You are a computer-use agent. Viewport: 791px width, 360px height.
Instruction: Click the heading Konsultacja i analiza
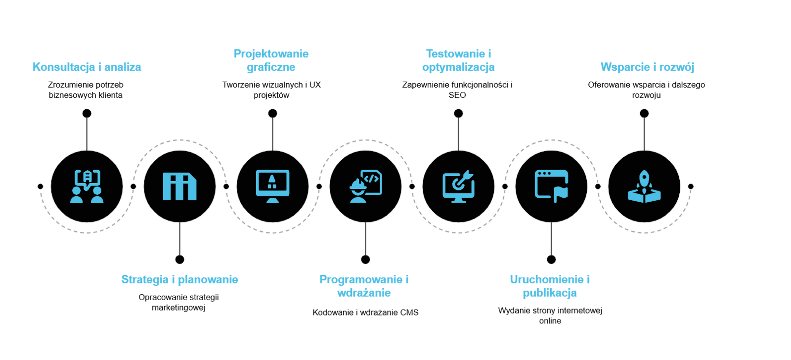coord(87,67)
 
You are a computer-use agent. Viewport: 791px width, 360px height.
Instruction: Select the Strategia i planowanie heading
coord(179,280)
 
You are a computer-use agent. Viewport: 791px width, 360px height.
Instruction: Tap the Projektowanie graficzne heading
coord(271,60)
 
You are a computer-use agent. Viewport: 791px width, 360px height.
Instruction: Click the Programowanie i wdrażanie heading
coord(364,286)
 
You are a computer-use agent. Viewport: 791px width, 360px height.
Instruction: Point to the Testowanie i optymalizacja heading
coord(458,60)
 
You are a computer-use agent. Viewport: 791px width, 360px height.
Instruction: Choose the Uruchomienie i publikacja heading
coord(550,286)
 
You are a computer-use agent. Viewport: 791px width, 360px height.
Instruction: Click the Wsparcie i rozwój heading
coord(648,67)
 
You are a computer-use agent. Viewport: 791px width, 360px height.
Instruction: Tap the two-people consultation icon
coord(87,186)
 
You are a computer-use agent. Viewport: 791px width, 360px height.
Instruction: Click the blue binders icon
coord(179,186)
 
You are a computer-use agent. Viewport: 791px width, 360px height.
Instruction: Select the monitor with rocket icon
coord(272,186)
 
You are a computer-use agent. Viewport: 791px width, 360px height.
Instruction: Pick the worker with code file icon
coord(365,186)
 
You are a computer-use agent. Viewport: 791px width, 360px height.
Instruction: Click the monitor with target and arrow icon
coord(458,186)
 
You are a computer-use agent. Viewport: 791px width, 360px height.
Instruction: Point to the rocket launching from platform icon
coord(644,186)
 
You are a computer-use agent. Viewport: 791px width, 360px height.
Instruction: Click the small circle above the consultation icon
coord(87,114)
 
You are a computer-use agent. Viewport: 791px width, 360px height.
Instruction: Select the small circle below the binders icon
coord(180,260)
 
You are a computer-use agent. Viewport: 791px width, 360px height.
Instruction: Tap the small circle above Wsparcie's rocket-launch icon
coord(644,114)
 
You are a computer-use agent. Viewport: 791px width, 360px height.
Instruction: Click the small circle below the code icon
coord(365,260)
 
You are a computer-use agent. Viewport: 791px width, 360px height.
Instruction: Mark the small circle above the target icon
coord(458,114)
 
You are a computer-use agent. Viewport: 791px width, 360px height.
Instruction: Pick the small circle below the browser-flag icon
coord(551,260)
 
